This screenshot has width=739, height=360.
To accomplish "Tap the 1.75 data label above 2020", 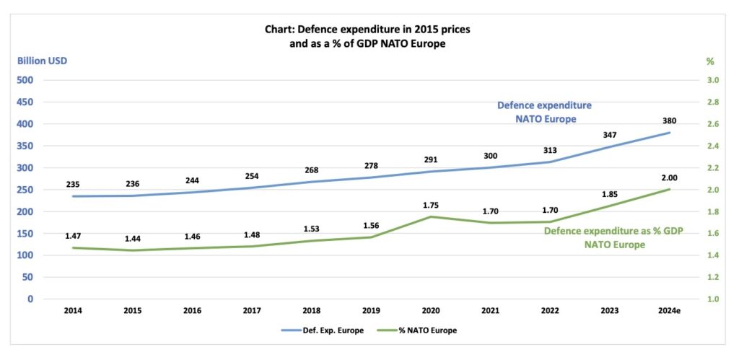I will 432,205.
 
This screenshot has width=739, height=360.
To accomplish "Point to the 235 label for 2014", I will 72,184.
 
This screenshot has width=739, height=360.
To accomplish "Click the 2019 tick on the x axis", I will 372,311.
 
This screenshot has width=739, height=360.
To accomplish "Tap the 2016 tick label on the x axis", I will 192,311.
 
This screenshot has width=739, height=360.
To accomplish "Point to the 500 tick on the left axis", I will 25,80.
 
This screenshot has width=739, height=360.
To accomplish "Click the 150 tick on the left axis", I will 25,233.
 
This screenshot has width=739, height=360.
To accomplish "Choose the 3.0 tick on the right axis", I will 712,80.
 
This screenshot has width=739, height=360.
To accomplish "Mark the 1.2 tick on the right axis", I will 712,277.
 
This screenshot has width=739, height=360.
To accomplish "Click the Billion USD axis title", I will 42,61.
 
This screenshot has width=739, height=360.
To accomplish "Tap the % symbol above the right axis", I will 709,61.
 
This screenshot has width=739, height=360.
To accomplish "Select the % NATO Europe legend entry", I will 425,330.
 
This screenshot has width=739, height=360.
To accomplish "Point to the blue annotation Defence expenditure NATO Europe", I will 545,112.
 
